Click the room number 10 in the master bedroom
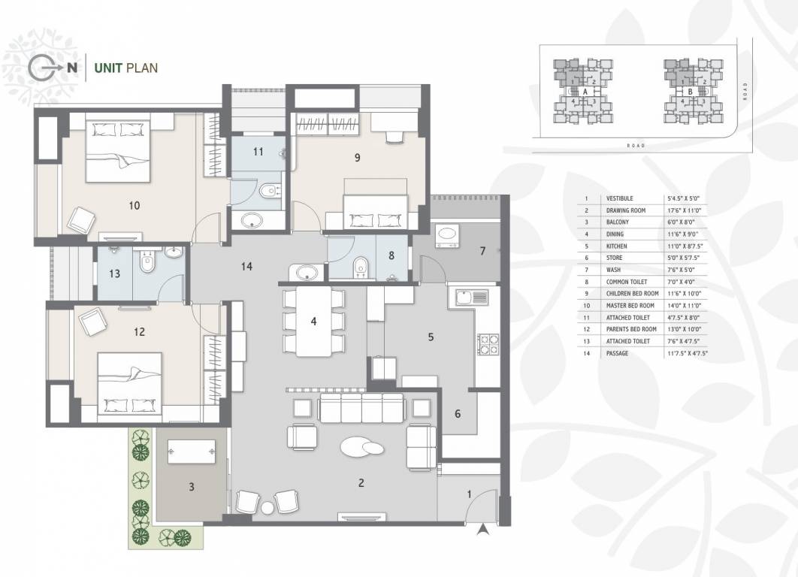point(135,205)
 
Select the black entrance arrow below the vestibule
point(482,530)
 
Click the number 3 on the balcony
point(192,487)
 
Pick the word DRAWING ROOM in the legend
point(626,210)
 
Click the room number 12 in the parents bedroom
point(138,331)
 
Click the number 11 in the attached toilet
point(258,152)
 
